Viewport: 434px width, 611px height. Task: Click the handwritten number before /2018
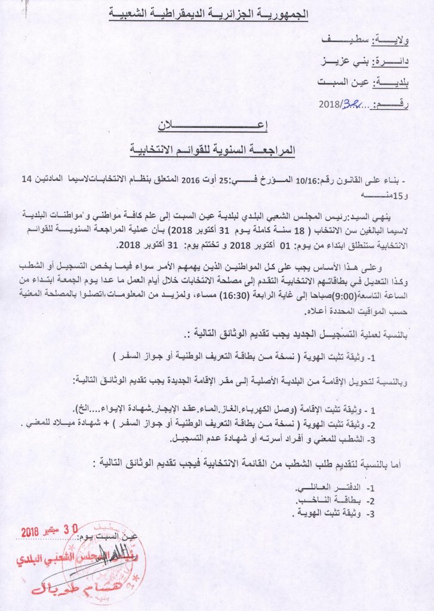click(x=350, y=105)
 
